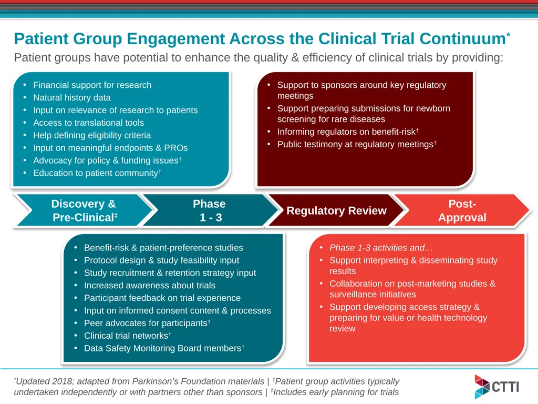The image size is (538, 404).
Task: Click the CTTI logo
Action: [x=497, y=387]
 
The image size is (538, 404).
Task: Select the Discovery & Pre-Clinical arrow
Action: [x=84, y=210]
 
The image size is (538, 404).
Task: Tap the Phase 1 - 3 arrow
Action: [x=210, y=210]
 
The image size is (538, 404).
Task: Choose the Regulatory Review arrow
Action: [x=336, y=210]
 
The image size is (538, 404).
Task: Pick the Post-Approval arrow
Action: [x=462, y=210]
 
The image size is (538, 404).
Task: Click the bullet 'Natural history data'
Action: [x=71, y=97]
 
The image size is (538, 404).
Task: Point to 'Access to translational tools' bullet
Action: [x=88, y=123]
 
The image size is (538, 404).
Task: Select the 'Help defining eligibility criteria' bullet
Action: [x=92, y=135]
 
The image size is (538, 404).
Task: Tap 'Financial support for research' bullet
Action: [x=92, y=85]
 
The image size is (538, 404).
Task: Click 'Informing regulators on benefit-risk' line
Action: [x=348, y=132]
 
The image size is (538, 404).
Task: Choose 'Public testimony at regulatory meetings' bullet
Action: [x=357, y=144]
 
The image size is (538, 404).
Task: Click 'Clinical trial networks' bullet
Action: [x=127, y=336]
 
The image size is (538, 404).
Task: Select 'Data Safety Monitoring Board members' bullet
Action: [x=164, y=348]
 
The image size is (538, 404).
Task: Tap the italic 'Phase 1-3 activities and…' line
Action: [x=381, y=248]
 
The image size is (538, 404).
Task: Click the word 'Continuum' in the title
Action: [x=462, y=38]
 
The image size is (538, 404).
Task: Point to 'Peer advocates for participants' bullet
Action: [x=147, y=323]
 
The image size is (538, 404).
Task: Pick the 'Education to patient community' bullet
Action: [x=97, y=173]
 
